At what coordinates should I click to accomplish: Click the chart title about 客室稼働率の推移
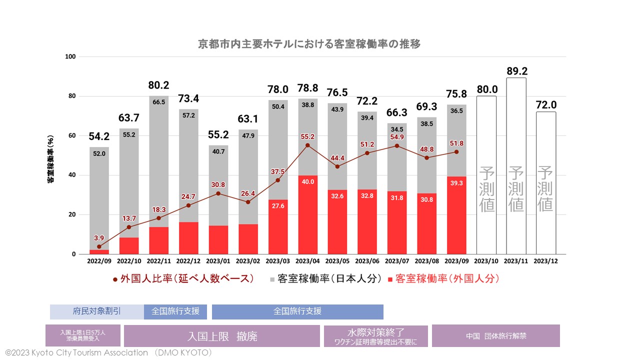(x=309, y=44)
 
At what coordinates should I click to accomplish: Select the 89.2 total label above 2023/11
(x=516, y=71)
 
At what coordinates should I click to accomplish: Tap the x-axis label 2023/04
(x=307, y=261)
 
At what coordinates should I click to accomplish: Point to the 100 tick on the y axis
(x=70, y=56)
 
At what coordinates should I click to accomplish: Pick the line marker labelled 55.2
(x=307, y=145)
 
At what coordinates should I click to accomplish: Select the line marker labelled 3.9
(x=99, y=246)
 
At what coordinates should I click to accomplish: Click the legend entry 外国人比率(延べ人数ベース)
(x=184, y=279)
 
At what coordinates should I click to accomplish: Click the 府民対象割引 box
(x=97, y=311)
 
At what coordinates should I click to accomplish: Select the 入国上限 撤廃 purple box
(x=222, y=336)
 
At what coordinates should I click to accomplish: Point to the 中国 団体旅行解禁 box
(x=495, y=336)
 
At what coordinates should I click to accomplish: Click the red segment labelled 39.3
(x=456, y=215)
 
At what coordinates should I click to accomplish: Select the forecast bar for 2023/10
(x=486, y=175)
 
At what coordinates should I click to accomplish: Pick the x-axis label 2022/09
(x=99, y=261)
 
